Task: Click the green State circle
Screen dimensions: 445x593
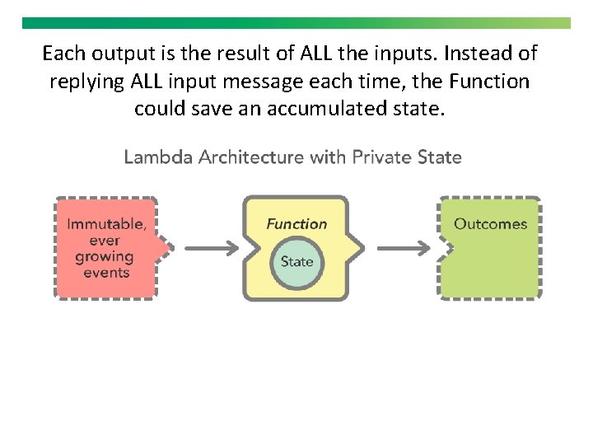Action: pyautogui.click(x=296, y=261)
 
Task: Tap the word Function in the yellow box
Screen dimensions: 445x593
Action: pyautogui.click(x=296, y=224)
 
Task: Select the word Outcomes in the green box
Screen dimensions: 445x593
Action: pyautogui.click(x=490, y=224)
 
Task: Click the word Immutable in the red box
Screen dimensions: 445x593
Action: pyautogui.click(x=106, y=224)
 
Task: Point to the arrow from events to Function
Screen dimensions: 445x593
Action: pyautogui.click(x=211, y=247)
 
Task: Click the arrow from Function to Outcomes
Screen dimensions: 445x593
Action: pyautogui.click(x=403, y=247)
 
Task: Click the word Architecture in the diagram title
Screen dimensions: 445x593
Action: pyautogui.click(x=252, y=157)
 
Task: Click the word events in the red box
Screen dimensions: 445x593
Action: pyautogui.click(x=106, y=273)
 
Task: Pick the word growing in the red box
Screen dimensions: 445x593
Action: pyautogui.click(x=104, y=257)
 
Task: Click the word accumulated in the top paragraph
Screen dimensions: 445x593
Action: pyautogui.click(x=316, y=108)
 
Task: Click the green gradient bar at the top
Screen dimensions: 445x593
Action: pyautogui.click(x=296, y=23)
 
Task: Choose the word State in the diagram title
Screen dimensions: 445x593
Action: pyautogui.click(x=440, y=157)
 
